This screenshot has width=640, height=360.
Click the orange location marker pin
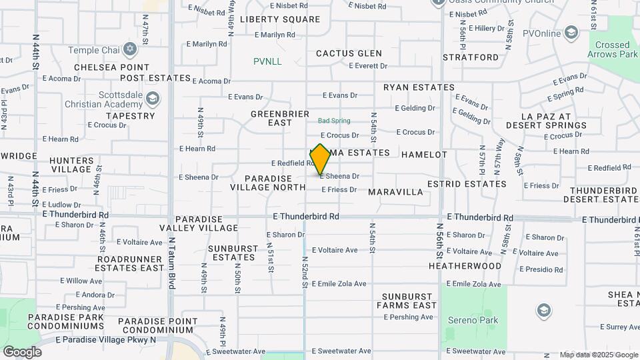click(x=321, y=159)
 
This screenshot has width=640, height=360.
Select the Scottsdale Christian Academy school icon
click(x=153, y=99)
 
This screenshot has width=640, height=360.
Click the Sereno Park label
click(x=473, y=321)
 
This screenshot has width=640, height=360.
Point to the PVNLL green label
click(x=267, y=61)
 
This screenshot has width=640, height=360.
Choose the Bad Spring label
click(x=334, y=121)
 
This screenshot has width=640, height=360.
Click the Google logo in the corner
click(x=22, y=352)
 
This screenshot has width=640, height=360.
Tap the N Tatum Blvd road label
click(x=171, y=263)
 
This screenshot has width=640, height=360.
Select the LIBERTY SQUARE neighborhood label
click(x=280, y=19)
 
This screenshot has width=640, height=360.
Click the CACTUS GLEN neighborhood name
click(x=349, y=53)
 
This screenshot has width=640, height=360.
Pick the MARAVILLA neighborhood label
click(x=395, y=192)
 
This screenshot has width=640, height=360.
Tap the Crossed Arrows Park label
click(x=612, y=50)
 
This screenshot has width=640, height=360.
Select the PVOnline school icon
click(x=571, y=32)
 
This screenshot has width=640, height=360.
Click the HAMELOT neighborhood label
click(x=424, y=155)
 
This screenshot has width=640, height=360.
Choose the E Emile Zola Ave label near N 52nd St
click(x=339, y=284)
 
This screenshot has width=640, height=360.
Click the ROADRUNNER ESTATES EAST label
click(x=130, y=263)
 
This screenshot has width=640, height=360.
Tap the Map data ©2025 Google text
click(x=598, y=355)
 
